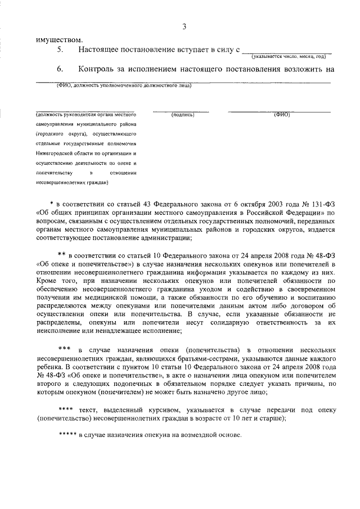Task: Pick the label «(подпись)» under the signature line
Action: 183,115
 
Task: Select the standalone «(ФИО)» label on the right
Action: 281,115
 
